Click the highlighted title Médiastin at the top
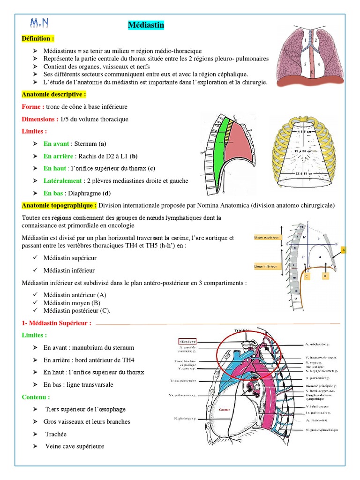coord(146,26)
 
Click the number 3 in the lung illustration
coord(305,64)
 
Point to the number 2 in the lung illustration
coord(316,41)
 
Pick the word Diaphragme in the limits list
coord(82,193)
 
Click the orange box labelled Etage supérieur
coord(266,238)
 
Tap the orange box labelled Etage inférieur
coord(265,266)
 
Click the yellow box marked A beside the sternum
coord(344,250)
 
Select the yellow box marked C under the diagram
coord(307,276)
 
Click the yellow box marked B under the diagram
coord(324,276)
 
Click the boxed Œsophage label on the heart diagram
coord(187,342)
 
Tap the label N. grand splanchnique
coord(321,429)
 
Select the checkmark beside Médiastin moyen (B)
coord(36,303)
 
